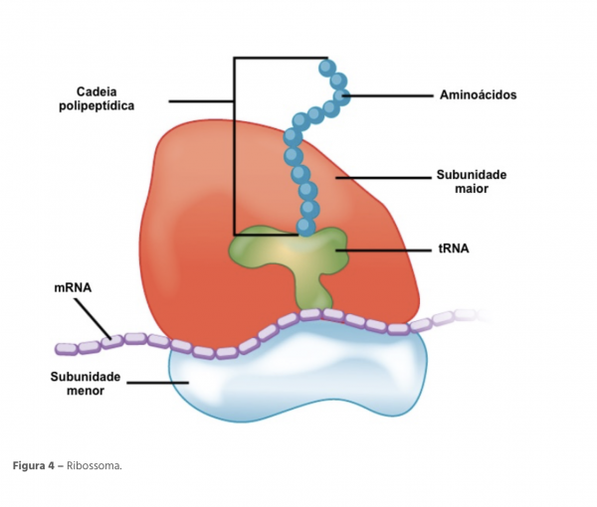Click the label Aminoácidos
click(478, 95)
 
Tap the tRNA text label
click(453, 250)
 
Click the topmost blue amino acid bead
click(327, 67)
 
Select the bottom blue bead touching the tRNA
click(309, 226)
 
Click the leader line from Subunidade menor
click(149, 381)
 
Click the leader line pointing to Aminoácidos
click(388, 95)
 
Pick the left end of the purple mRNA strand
click(62, 348)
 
